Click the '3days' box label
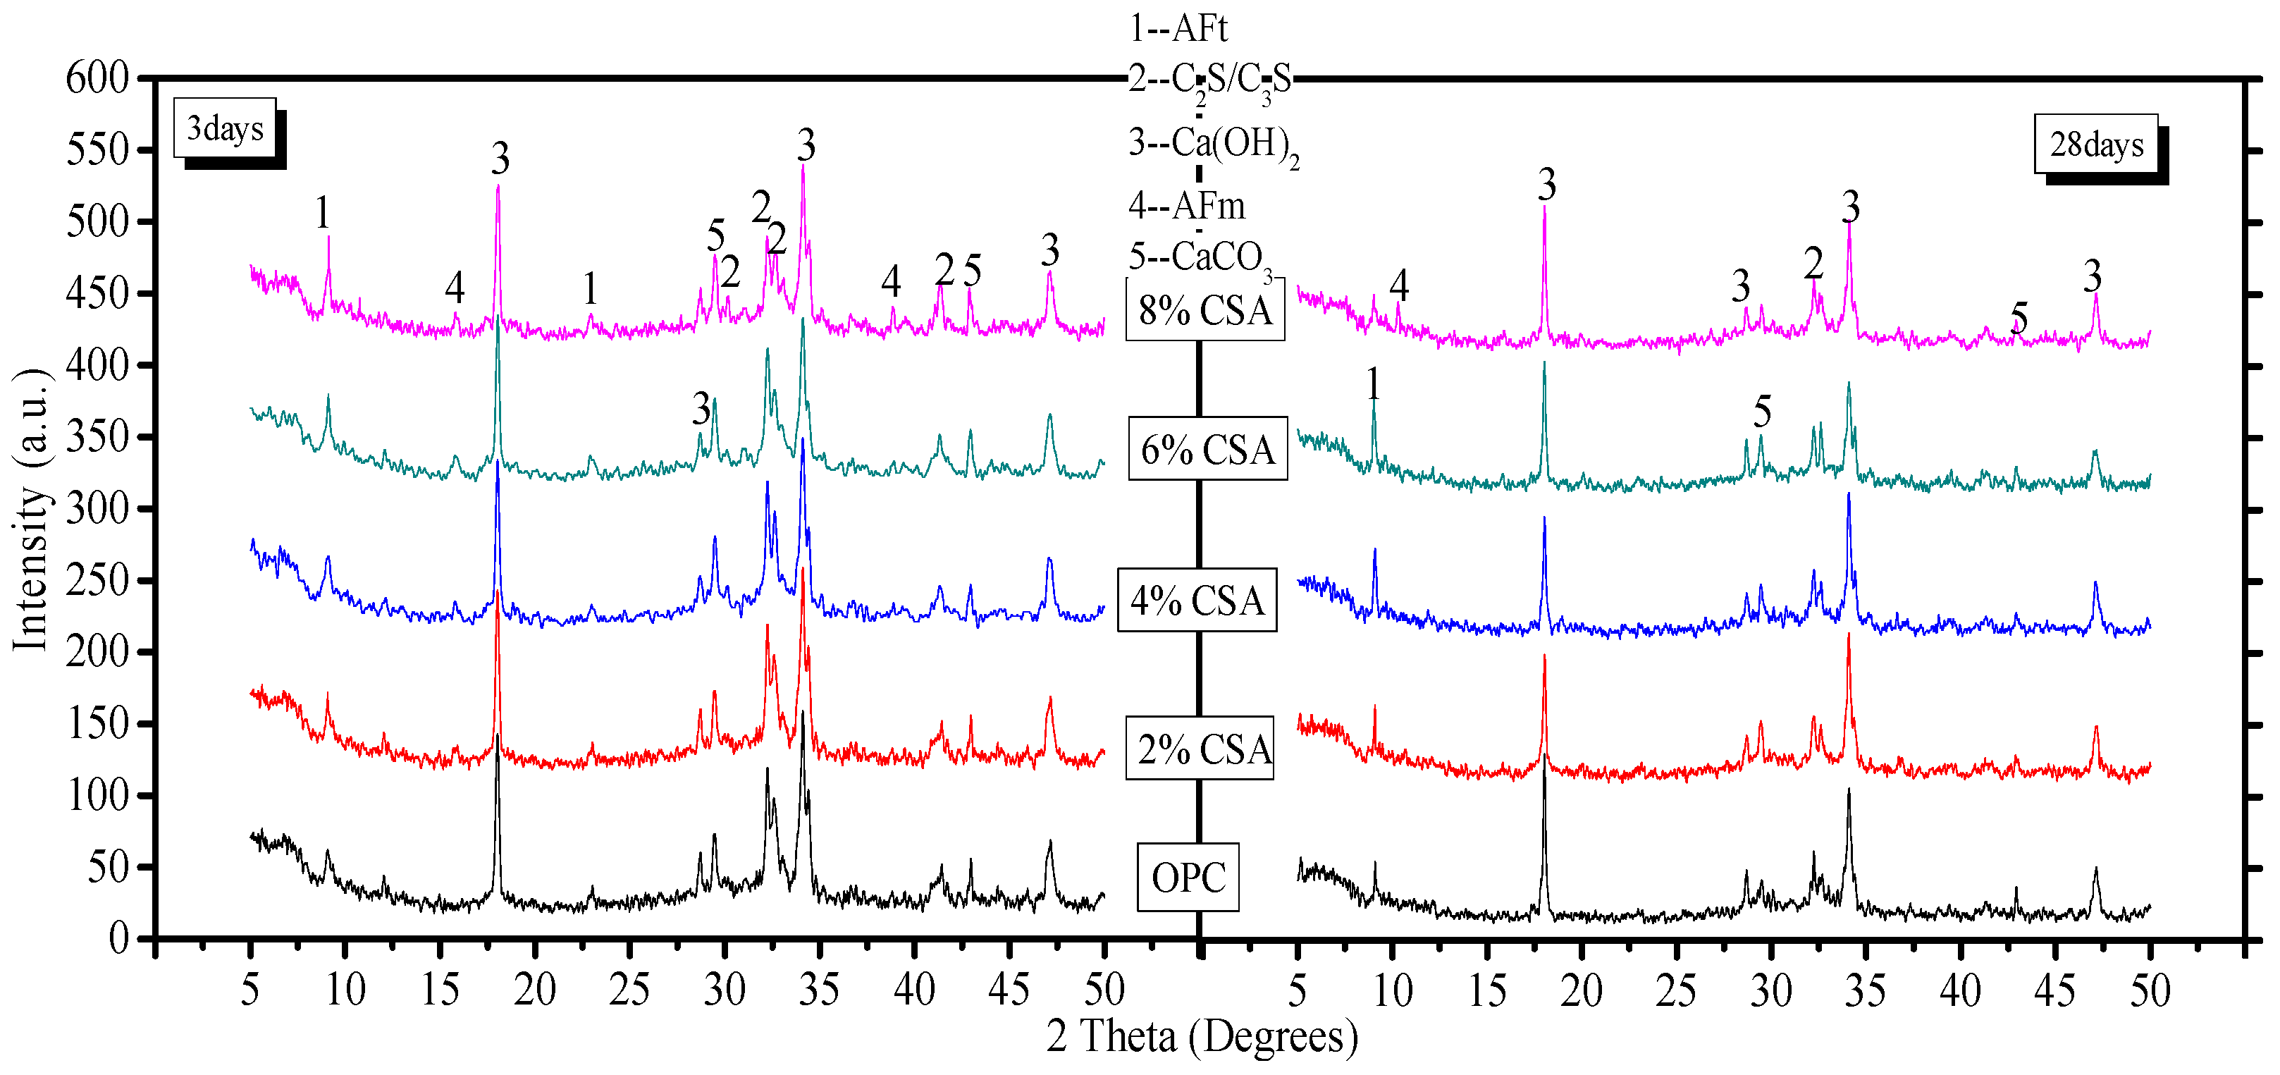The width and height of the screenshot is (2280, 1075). coord(225,129)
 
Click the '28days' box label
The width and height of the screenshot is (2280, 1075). coord(2096,145)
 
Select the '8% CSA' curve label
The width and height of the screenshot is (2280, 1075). coord(1204,311)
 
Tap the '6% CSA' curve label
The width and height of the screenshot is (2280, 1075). coord(1207,450)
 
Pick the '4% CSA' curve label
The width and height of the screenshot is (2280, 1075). coord(1197,601)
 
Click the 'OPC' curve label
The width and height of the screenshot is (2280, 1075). coord(1188,878)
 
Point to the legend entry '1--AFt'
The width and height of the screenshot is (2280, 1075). coord(1178,28)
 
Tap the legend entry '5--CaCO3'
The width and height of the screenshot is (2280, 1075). coord(1200,259)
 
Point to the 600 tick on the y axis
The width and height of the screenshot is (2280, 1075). coord(97,78)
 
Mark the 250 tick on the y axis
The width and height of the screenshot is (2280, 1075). coord(97,581)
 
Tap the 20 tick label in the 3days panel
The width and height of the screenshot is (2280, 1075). coord(535,990)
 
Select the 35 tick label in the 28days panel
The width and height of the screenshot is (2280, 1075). coord(1865,990)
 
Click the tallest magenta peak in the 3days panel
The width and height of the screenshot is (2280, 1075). coord(803,166)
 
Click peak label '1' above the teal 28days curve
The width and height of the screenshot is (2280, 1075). coord(1373,384)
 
